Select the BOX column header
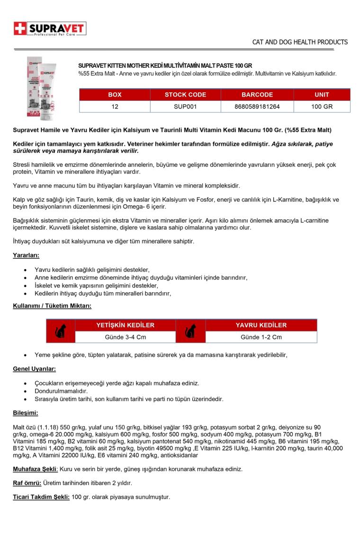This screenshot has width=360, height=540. pyautogui.click(x=115, y=95)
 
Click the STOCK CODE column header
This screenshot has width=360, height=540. pyautogui.click(x=185, y=95)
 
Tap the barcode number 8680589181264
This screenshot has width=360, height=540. pyautogui.click(x=257, y=107)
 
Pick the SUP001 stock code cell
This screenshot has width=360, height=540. pyautogui.click(x=185, y=107)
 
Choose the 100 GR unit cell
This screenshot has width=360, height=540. pyautogui.click(x=322, y=107)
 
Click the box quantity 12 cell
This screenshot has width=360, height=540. pyautogui.click(x=115, y=107)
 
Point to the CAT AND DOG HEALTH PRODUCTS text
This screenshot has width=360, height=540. pyautogui.click(x=300, y=42)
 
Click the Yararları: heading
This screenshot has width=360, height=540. pyautogui.click(x=26, y=255)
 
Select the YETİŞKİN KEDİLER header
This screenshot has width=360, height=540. pyautogui.click(x=125, y=325)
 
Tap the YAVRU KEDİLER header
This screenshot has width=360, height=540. pyautogui.click(x=261, y=325)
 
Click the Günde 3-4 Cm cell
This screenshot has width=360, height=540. pyautogui.click(x=125, y=337)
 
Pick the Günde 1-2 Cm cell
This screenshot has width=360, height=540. pyautogui.click(x=261, y=337)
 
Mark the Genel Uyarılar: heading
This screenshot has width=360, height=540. pyautogui.click(x=34, y=369)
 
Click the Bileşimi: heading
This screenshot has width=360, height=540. pyautogui.click(x=26, y=413)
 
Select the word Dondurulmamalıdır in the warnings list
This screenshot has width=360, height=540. pyautogui.click(x=61, y=391)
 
